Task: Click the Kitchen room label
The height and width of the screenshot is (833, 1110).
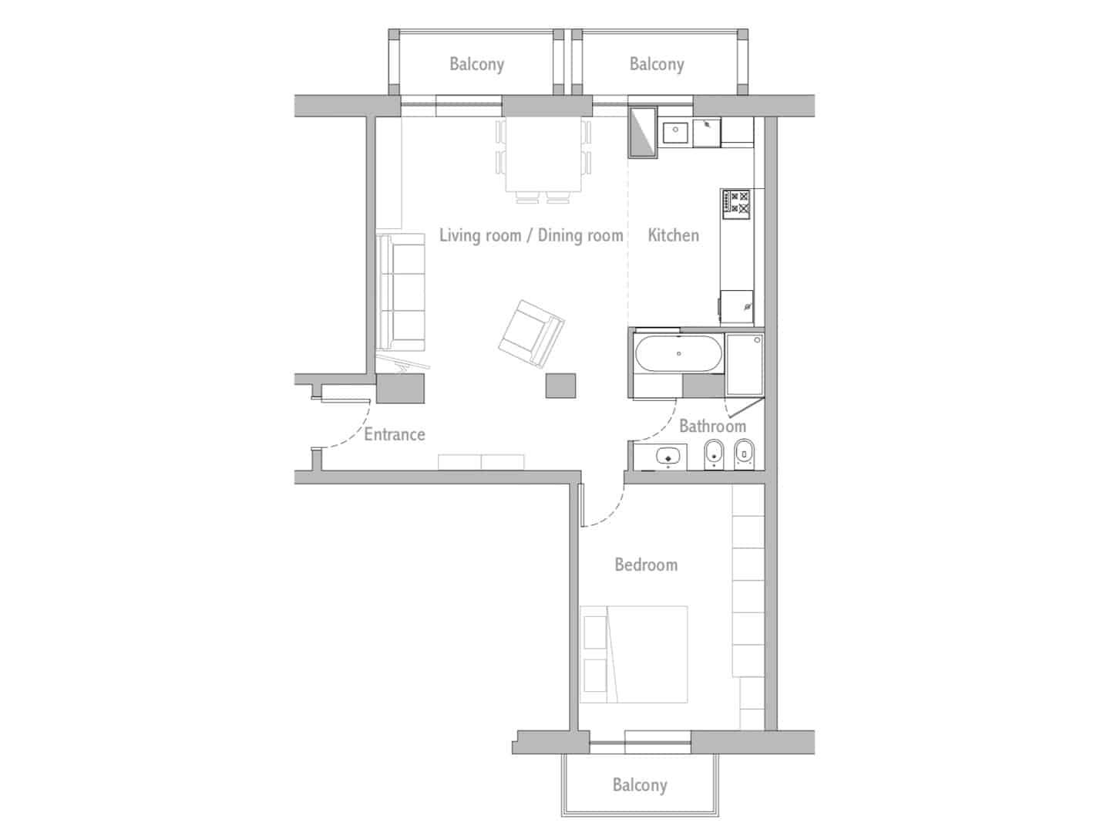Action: click(673, 235)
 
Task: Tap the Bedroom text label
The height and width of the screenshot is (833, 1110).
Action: click(646, 565)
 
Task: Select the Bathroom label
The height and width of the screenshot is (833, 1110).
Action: click(712, 426)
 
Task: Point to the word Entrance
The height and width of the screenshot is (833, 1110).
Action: click(394, 434)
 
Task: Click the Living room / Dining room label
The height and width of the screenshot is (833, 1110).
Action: click(531, 235)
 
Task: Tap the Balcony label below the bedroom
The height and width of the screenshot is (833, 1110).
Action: click(639, 785)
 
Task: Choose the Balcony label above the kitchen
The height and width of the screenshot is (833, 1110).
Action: click(656, 64)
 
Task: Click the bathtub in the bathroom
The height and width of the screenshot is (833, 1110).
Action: click(678, 354)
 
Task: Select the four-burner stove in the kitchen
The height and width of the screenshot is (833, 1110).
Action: click(736, 203)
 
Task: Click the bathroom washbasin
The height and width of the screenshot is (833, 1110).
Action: click(668, 457)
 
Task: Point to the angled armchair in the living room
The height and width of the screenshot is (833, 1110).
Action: click(531, 333)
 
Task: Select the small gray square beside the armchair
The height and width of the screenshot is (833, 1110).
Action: click(560, 386)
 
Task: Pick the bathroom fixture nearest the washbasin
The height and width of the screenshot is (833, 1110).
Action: click(715, 455)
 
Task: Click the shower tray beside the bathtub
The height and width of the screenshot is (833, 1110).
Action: click(744, 354)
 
